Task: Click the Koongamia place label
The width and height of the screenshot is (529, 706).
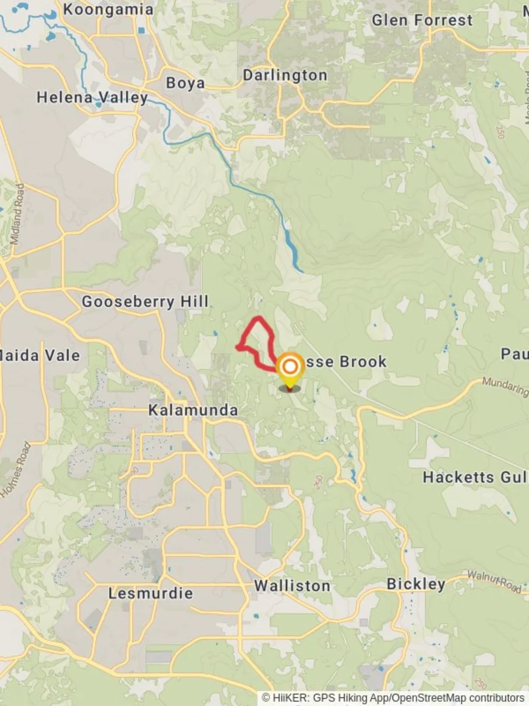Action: [x=108, y=10]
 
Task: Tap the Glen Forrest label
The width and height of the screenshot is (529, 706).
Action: [x=422, y=20]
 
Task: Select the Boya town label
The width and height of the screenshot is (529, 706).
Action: [x=185, y=83]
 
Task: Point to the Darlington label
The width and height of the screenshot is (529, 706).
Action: [x=285, y=75]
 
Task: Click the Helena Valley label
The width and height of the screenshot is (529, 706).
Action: [x=92, y=97]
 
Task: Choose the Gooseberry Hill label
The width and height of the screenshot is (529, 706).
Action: [x=145, y=301]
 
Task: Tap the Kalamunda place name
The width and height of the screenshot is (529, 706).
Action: [x=193, y=410]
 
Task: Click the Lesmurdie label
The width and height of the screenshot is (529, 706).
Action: [x=150, y=594]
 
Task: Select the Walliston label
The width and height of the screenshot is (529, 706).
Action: [x=292, y=586]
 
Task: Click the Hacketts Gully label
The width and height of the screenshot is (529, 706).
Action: [x=475, y=477]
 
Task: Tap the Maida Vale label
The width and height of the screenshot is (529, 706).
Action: [x=40, y=356]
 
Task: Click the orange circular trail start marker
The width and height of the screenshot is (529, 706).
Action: [x=290, y=366]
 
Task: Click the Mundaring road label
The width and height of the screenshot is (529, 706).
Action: [x=505, y=386]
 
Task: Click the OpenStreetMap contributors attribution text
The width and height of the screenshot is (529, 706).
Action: [x=458, y=698]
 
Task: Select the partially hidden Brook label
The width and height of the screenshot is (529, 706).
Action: [x=346, y=361]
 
